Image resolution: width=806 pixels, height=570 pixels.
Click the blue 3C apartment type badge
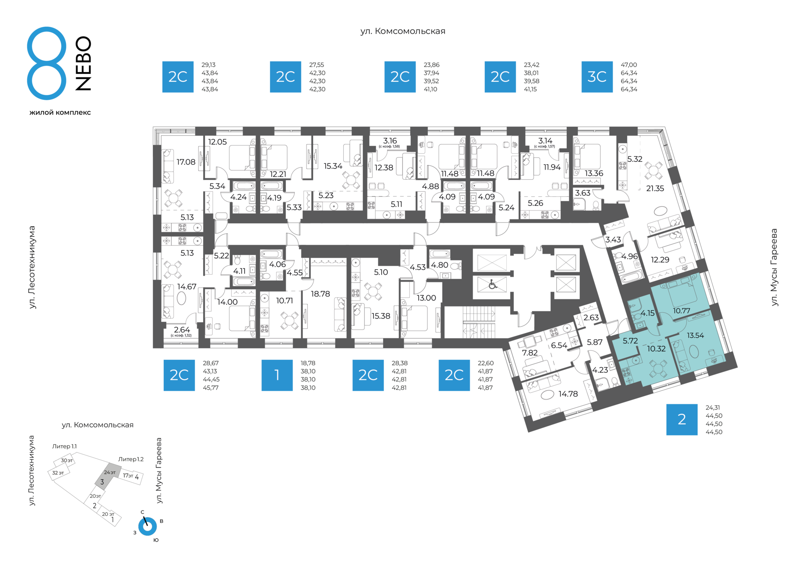coord(597,77)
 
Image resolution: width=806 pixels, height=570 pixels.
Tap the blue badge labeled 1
coord(277,375)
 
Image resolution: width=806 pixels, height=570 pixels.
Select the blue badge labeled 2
coord(682,420)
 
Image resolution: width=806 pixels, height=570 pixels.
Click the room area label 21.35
coord(655,189)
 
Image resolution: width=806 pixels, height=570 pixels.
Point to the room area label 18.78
coord(320,294)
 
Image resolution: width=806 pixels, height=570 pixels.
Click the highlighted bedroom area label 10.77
coord(681,311)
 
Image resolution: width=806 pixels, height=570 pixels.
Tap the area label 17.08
coord(186,162)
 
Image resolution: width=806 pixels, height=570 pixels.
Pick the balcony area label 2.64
coord(182,330)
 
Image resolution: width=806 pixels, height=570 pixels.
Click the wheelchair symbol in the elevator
coord(492,285)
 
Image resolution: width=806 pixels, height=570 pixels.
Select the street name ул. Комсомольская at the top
coord(403,31)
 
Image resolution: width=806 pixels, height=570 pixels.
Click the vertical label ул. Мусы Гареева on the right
coord(775,267)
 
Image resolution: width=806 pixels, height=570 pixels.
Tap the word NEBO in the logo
coord(83,63)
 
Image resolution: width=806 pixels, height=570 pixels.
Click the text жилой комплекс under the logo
coord(60,112)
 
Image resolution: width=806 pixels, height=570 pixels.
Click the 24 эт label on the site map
coord(110,473)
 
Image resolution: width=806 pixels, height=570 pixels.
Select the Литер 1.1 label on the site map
coord(64,447)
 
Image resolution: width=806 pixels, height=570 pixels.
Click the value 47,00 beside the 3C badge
coord(629,65)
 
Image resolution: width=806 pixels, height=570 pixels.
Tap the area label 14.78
coord(568,394)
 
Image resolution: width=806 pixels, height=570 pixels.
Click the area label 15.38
coord(381,316)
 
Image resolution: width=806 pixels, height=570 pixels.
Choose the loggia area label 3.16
coord(390,141)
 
